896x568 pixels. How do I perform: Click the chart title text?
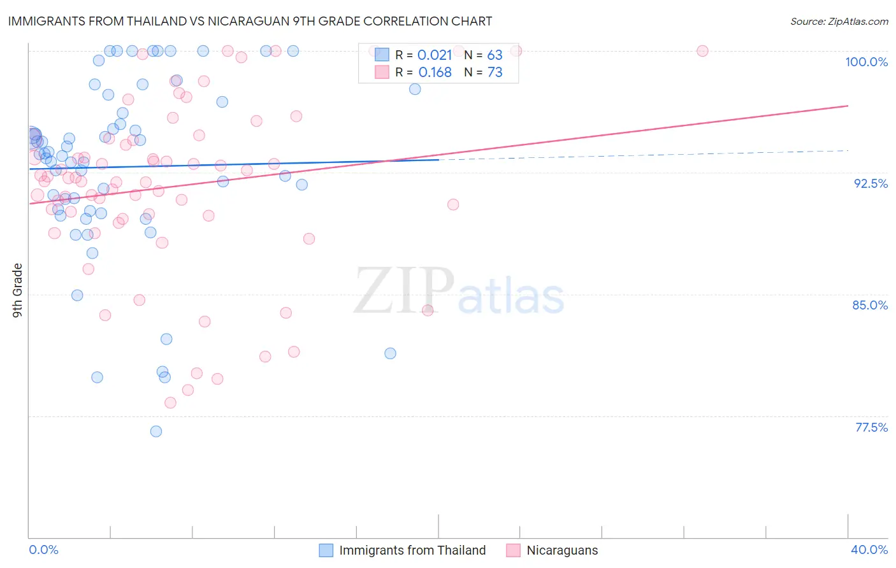pos(250,21)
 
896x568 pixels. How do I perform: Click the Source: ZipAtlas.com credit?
pos(839,22)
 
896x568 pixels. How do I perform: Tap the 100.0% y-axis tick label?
pos(866,62)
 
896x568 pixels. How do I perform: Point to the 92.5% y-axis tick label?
pos(871,183)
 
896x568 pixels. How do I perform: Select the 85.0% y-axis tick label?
pos(870,305)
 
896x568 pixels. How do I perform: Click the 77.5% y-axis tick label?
pos(871,427)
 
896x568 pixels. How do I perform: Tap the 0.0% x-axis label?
pos(43,550)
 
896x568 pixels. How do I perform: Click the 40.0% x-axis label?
pos(869,550)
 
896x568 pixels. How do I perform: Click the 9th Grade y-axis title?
pos(18,290)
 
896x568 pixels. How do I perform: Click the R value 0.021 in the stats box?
pos(435,55)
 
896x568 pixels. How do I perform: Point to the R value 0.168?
pos(435,73)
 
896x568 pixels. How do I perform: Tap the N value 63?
pos(495,55)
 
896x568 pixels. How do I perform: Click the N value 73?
pos(495,73)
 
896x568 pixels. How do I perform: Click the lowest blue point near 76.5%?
pos(156,431)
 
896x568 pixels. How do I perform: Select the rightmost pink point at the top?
pos(702,51)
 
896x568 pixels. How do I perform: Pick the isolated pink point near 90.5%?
pos(453,204)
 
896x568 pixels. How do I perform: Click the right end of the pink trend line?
pos(848,106)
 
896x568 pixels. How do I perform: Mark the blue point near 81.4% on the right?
pos(391,353)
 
